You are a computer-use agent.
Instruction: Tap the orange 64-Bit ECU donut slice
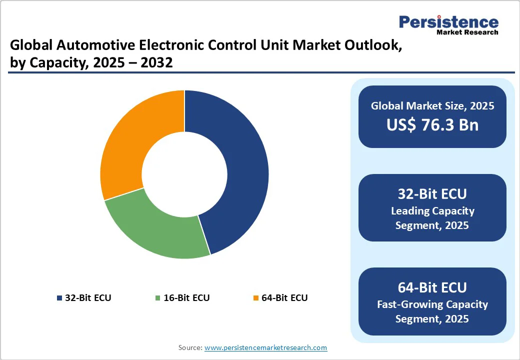[x=135, y=135]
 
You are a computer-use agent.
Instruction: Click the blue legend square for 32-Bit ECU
[x=60, y=298]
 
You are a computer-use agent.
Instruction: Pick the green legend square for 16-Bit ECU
[x=158, y=298]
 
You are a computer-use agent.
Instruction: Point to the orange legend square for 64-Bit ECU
[x=256, y=298]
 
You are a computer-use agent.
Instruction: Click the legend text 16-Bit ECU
[x=186, y=298]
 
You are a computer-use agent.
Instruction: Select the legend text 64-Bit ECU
[x=284, y=298]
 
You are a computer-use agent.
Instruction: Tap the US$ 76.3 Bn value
[x=432, y=125]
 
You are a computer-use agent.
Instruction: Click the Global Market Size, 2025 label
[x=432, y=105]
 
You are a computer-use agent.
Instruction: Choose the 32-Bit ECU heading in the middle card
[x=432, y=194]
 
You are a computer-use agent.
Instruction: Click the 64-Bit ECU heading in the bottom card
[x=432, y=287]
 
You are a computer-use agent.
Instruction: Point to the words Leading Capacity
[x=432, y=210]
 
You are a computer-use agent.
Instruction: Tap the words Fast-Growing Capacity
[x=432, y=304]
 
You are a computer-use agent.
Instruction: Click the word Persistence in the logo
[x=448, y=22]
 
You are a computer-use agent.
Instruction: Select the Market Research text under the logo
[x=467, y=32]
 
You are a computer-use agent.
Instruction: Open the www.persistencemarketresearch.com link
[x=265, y=347]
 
